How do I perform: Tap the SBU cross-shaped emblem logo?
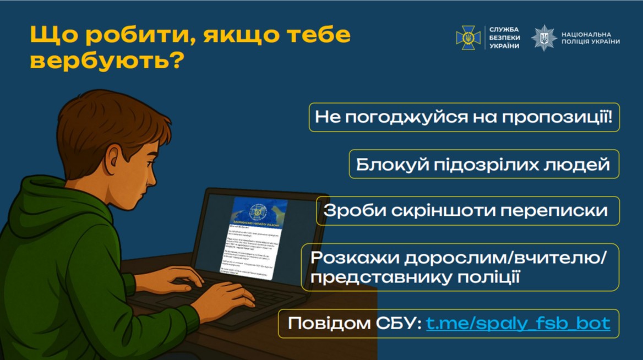[468, 38]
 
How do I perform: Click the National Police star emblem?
[544, 38]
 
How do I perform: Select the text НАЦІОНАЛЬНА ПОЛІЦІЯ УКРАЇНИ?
[590, 38]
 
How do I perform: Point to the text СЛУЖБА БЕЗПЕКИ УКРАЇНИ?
[504, 38]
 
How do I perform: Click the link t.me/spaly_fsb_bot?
[518, 323]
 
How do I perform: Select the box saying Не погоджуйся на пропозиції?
[464, 117]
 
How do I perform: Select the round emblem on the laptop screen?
[257, 210]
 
